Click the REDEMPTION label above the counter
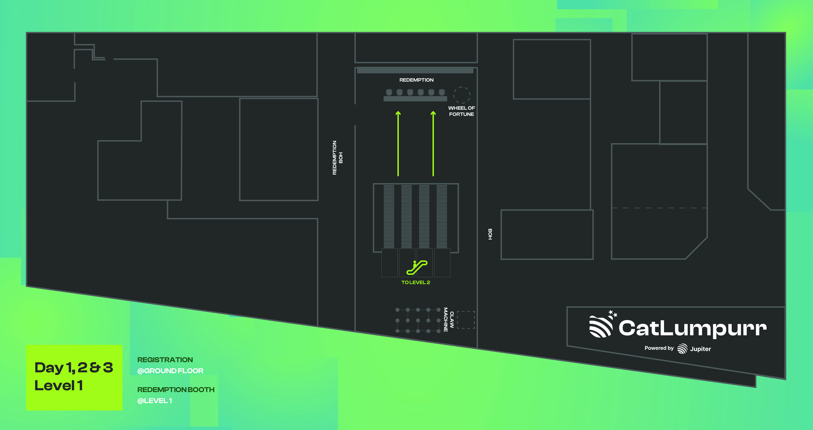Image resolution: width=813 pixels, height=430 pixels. pyautogui.click(x=416, y=80)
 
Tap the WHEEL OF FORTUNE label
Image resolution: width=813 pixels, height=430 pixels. pyautogui.click(x=461, y=111)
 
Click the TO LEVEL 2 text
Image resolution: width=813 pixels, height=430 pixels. pyautogui.click(x=416, y=283)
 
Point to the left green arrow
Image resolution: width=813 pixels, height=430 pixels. pyautogui.click(x=398, y=143)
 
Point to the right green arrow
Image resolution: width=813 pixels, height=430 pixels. pyautogui.click(x=433, y=143)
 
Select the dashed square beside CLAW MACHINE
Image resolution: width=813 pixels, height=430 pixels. pyautogui.click(x=466, y=320)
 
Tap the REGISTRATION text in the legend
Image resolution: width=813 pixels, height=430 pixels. pyautogui.click(x=165, y=360)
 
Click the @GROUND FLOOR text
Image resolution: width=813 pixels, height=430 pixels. pyautogui.click(x=170, y=371)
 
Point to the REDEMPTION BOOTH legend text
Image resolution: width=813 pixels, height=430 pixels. pyautogui.click(x=176, y=390)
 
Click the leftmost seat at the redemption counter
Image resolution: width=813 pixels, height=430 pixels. pyautogui.click(x=389, y=92)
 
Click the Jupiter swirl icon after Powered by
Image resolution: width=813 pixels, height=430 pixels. pyautogui.click(x=682, y=349)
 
